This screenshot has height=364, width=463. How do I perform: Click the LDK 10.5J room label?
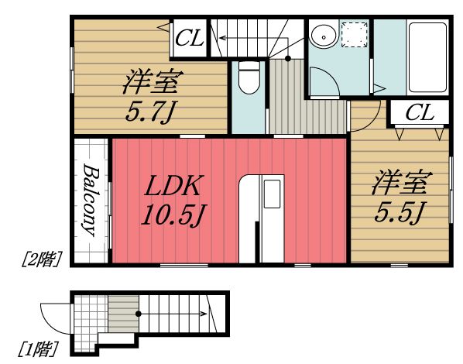tap(173, 201)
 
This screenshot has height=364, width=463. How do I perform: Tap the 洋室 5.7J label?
tap(153, 95)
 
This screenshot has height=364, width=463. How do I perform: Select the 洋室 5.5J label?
tap(402, 196)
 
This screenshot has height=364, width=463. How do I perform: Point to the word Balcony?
tap(90, 200)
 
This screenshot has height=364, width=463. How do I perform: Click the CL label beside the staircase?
tap(189, 38)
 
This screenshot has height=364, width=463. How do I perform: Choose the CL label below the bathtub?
tap(420, 112)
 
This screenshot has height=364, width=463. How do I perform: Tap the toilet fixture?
tap(249, 77)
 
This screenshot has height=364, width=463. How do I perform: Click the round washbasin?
tap(324, 36)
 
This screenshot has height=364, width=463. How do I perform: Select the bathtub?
tap(427, 57)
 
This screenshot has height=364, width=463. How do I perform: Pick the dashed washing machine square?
tap(355, 35)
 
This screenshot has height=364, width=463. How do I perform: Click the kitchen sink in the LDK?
tap(272, 194)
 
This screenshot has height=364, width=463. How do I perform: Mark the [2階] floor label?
tap(42, 259)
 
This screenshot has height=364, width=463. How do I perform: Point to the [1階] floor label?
tap(38, 349)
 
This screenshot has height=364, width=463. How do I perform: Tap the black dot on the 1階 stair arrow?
tap(138, 314)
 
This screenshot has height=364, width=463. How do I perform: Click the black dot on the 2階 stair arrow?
tap(288, 59)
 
